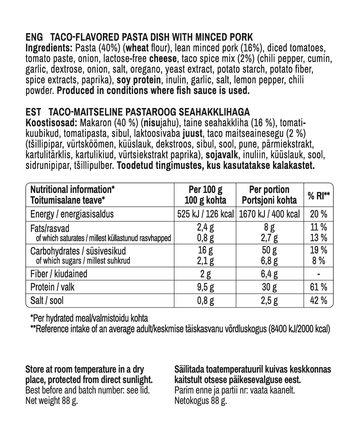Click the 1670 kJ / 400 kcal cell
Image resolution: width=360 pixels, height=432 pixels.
(269, 214)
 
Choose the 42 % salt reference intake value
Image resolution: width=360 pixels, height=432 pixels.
(319, 301)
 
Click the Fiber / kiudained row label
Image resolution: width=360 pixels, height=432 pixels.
(59, 274)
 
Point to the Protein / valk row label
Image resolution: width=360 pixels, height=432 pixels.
(53, 287)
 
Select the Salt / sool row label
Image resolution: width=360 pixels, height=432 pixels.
(47, 301)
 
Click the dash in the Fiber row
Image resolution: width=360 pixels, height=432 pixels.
(319, 274)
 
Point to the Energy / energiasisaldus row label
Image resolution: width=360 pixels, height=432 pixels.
(72, 214)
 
